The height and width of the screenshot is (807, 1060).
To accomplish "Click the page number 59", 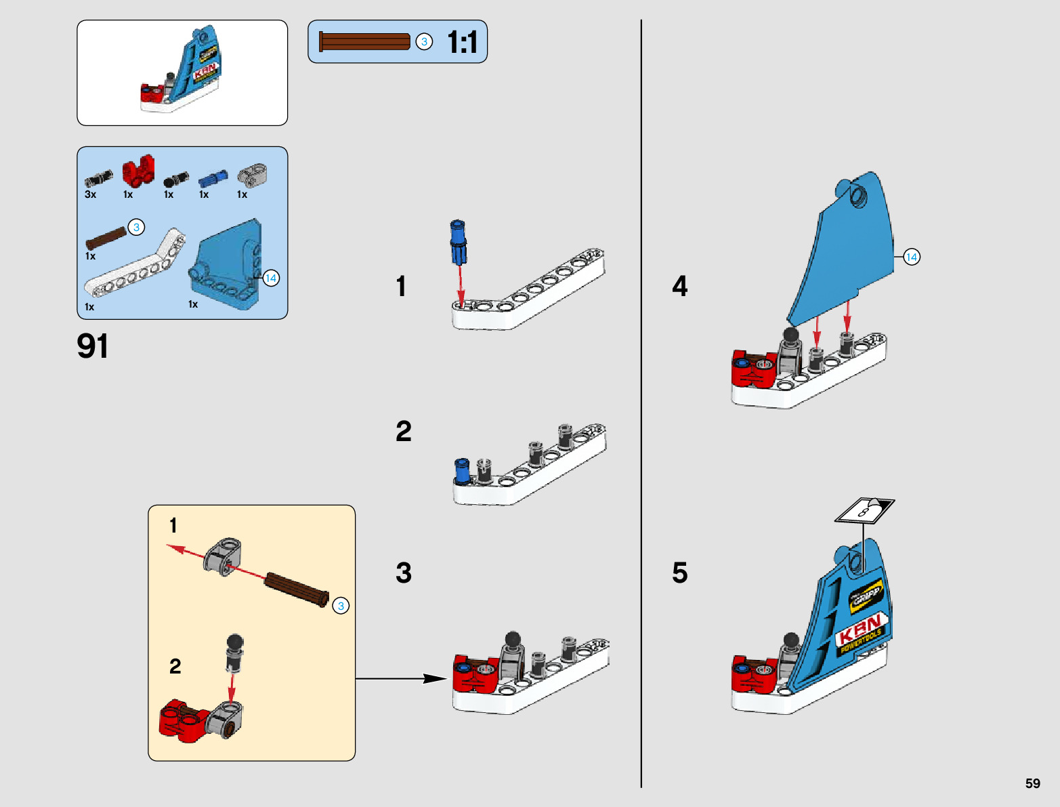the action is pos(1032,783).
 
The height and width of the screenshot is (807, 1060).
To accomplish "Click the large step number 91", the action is pos(93,346).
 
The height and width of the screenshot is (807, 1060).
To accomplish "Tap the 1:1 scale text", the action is pos(463,43).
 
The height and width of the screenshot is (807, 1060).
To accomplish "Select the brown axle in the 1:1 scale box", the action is pos(364,42).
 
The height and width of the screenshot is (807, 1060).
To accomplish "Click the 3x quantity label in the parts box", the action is pos(90,194).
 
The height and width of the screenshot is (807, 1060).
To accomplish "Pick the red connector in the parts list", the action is pos(138,171).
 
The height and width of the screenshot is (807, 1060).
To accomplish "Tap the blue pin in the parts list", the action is pos(213,178).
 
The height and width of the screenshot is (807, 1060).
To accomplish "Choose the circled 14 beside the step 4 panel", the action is pos(912,257).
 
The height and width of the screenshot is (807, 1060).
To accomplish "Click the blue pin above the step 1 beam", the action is pos(459,241).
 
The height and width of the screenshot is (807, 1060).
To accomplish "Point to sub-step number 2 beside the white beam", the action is pos(404,431).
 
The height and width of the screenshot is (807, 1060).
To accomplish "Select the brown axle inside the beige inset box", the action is pos(296,589).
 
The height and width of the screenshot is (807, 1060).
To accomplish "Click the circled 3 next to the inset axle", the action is pos(341,606).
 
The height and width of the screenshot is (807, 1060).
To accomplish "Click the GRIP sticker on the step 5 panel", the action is pos(866,596).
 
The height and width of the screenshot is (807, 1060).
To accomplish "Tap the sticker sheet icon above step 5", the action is pos(865,510).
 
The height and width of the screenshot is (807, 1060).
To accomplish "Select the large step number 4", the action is pos(679,286).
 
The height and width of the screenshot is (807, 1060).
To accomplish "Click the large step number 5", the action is pos(679,573).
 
